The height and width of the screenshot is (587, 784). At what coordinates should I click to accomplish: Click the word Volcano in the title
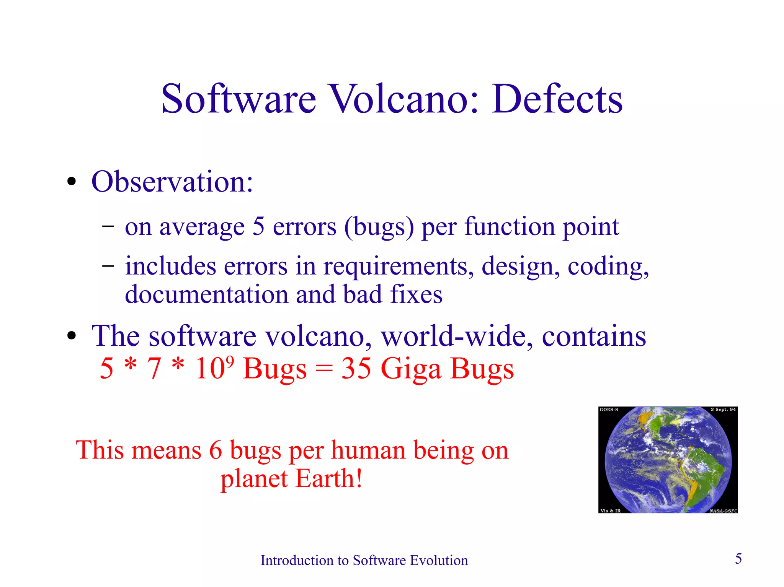pyautogui.click(x=404, y=99)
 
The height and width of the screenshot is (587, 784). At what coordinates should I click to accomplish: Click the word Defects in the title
pyautogui.click(x=557, y=99)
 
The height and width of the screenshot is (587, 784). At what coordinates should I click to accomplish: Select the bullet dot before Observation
pyautogui.click(x=72, y=182)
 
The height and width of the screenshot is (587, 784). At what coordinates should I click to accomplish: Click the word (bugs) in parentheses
pyautogui.click(x=379, y=227)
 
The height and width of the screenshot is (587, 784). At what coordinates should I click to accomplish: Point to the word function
pyautogui.click(x=510, y=226)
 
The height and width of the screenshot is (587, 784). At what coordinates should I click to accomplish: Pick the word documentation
pyautogui.click(x=207, y=294)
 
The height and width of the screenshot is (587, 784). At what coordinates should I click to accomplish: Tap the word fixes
pyautogui.click(x=416, y=294)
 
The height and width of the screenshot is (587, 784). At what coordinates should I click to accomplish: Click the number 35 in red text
pyautogui.click(x=356, y=369)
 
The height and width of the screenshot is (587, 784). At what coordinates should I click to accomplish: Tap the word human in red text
pyautogui.click(x=368, y=450)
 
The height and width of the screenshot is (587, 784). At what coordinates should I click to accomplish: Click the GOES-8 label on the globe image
pyautogui.click(x=609, y=410)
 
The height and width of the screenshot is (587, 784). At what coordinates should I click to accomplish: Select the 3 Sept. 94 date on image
pyautogui.click(x=723, y=410)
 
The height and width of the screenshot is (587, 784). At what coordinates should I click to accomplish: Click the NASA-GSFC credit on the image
pyautogui.click(x=723, y=511)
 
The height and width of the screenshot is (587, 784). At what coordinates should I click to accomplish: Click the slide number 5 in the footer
pyautogui.click(x=738, y=559)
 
